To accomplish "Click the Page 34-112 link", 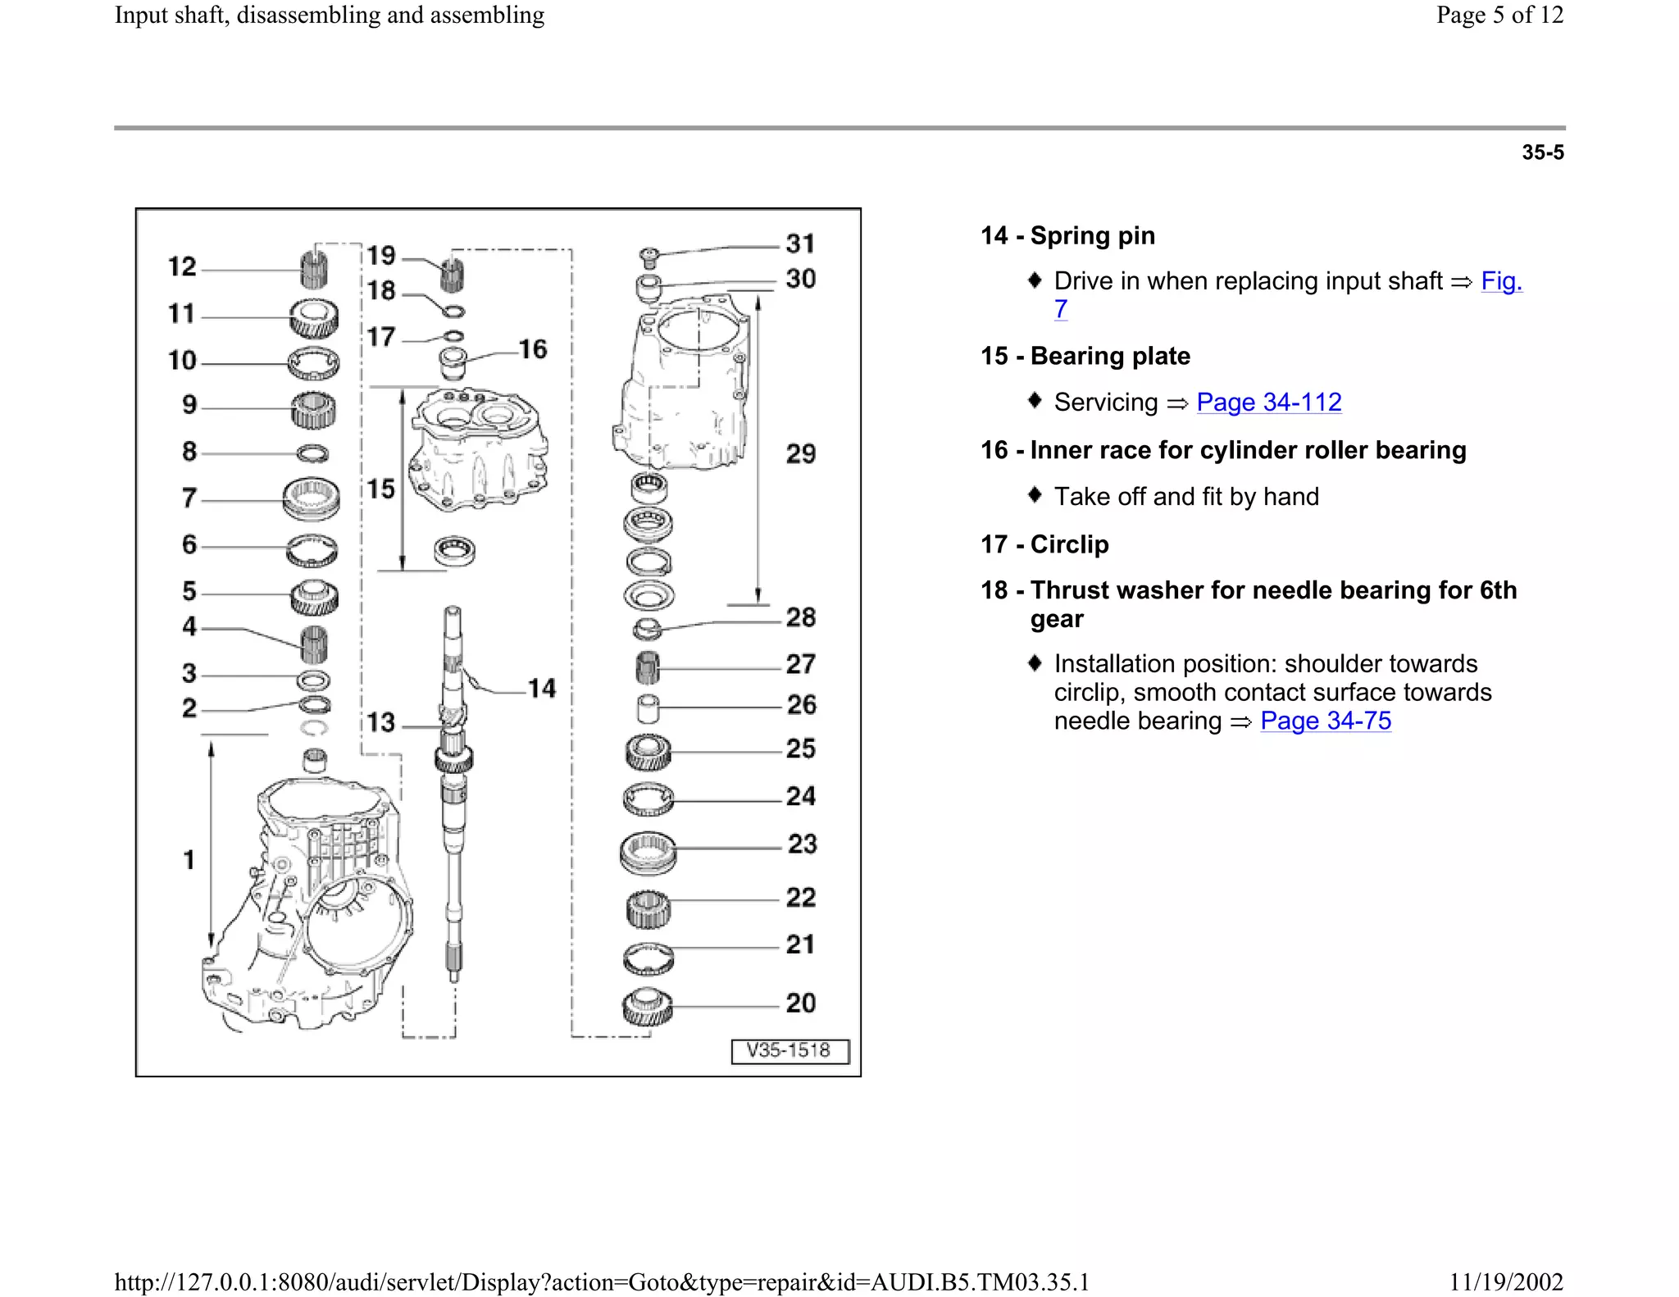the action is [x=1268, y=402].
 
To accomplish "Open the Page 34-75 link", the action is [x=1326, y=721].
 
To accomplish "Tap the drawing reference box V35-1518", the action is [x=789, y=1051].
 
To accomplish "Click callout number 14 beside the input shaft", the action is [x=542, y=689].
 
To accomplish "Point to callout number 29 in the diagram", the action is [x=801, y=454].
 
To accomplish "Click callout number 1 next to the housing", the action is [x=189, y=860].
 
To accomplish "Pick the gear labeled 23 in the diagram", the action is [x=648, y=853].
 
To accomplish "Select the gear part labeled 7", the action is [x=311, y=498].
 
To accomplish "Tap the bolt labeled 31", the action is [x=648, y=257].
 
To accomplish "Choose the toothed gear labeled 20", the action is [x=648, y=1008].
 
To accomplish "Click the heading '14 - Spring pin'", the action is [x=1067, y=236].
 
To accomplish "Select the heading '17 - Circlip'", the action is [x=1044, y=544].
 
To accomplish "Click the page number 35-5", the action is [x=1543, y=152].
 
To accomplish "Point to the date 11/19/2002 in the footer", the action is [x=1506, y=1281].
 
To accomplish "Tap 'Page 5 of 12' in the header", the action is [x=1499, y=15].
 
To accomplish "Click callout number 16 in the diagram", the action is [x=533, y=349].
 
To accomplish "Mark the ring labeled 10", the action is [x=313, y=363].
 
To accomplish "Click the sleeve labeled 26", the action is [x=648, y=708].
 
